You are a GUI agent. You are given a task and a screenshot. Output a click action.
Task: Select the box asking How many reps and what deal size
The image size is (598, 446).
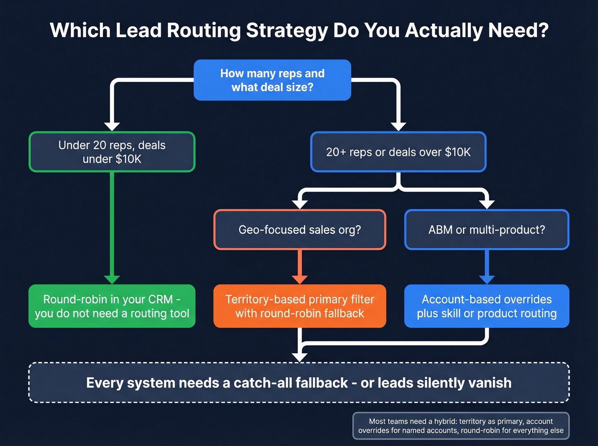click(272, 80)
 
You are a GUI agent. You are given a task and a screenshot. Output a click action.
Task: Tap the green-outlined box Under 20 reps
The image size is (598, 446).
click(112, 152)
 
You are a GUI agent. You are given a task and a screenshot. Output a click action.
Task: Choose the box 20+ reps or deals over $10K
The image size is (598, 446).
click(398, 152)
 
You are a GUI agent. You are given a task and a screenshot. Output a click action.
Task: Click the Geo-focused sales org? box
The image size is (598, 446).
click(299, 230)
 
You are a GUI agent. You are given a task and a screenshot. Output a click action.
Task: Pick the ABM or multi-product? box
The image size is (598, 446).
click(487, 230)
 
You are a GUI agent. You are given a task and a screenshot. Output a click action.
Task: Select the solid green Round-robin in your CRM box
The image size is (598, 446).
click(112, 306)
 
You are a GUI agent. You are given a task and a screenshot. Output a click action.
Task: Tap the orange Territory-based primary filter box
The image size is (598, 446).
click(299, 306)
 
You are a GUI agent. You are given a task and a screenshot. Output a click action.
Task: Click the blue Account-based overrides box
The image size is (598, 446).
click(487, 306)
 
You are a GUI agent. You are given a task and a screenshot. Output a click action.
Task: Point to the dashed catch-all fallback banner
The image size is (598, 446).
click(299, 383)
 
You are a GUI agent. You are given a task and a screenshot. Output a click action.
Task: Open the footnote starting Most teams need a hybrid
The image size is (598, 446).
click(461, 426)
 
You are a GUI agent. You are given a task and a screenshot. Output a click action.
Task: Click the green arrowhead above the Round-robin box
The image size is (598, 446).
click(112, 280)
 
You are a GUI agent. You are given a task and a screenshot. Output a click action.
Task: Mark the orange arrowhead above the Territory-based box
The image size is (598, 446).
click(299, 280)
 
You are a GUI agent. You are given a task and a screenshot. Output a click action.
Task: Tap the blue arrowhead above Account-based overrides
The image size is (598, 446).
click(487, 280)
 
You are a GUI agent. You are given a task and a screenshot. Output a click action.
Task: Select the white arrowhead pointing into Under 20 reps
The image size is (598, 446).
click(112, 126)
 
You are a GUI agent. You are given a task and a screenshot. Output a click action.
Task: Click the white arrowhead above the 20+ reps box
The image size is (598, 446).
click(398, 126)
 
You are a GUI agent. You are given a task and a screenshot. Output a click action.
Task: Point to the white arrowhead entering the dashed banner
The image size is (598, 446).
click(299, 357)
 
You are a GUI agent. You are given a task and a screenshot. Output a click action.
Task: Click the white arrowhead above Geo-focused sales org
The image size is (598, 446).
click(299, 204)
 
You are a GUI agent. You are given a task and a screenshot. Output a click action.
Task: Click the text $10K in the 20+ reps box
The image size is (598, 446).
click(457, 152)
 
